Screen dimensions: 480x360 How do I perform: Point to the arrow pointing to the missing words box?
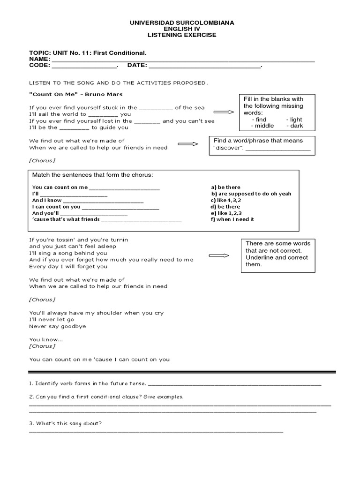[224, 112]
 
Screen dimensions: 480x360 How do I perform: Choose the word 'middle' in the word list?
[264, 126]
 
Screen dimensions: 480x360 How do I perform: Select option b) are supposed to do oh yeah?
[251, 194]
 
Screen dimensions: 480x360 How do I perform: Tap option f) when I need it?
[232, 219]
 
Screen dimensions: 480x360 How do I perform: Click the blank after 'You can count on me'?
[124, 189]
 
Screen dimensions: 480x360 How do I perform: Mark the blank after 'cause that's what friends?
[141, 221]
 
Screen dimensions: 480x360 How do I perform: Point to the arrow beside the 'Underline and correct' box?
[218, 256]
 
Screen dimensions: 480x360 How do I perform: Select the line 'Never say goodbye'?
[58, 326]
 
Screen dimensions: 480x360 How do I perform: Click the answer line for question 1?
[234, 385]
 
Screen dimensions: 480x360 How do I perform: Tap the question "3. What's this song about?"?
[66, 424]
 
